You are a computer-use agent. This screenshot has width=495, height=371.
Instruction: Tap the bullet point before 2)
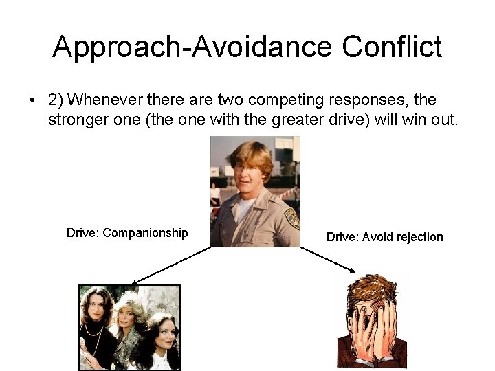[32, 100]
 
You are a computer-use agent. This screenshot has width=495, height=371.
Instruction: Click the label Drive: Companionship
[127, 233]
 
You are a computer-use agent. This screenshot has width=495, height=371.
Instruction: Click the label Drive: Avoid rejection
[384, 237]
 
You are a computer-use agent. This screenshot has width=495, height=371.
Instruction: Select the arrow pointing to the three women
[172, 265]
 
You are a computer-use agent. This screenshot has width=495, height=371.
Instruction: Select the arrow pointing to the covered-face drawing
[329, 260]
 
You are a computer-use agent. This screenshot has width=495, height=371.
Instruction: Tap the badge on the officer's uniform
[291, 218]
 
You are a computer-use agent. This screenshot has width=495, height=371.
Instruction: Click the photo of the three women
[129, 326]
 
